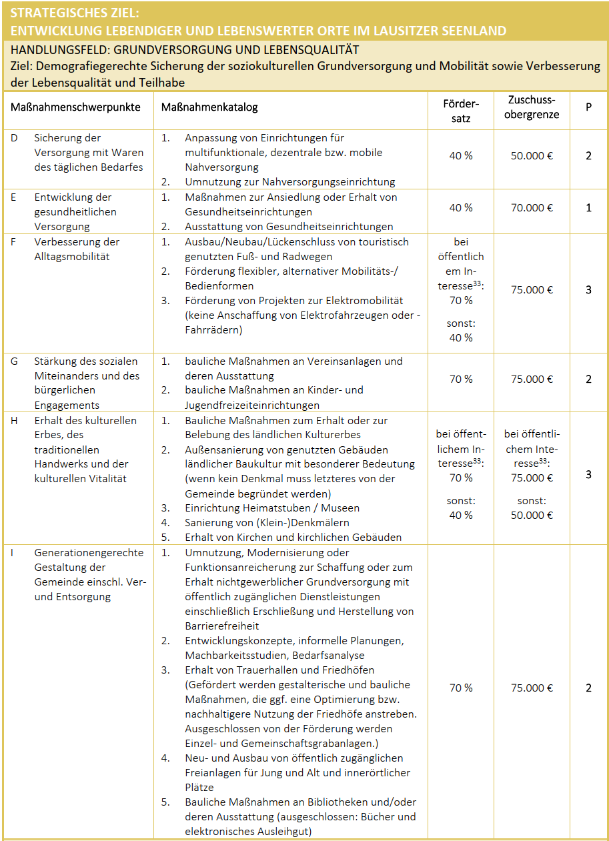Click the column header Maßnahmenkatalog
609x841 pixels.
click(x=209, y=107)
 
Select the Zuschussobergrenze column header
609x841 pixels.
click(x=532, y=107)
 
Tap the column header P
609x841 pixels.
click(x=588, y=107)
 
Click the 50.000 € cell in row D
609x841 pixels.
click(x=532, y=155)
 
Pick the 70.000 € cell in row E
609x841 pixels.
click(x=532, y=207)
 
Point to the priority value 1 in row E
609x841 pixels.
click(x=588, y=207)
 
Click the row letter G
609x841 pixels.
click(x=15, y=361)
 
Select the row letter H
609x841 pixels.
click(x=15, y=420)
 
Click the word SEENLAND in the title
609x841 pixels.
click(x=471, y=31)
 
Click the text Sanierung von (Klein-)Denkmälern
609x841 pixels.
click(x=267, y=522)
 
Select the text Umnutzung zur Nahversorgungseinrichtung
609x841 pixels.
click(x=289, y=181)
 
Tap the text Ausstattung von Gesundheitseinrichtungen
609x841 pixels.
click(x=289, y=226)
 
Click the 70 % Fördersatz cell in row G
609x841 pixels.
click(x=460, y=379)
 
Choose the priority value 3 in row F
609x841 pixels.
click(x=588, y=289)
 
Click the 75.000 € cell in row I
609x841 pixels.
click(x=532, y=688)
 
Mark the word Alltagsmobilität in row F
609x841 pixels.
click(x=72, y=256)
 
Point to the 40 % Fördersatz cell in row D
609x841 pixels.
click(x=460, y=155)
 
